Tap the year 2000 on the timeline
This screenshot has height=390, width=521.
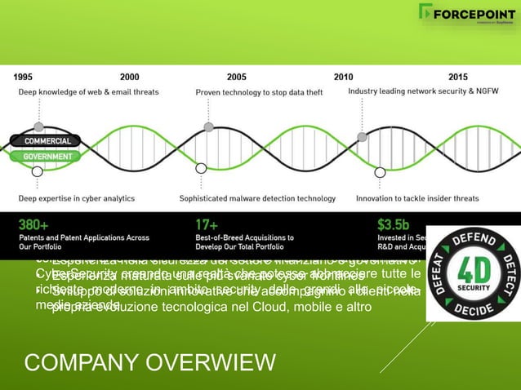129,78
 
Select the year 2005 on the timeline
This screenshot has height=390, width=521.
236,78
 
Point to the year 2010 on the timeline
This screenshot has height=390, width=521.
344,78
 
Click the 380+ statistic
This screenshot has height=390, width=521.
33,223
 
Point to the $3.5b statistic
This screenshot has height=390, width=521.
395,223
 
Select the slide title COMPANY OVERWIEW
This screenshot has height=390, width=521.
150,362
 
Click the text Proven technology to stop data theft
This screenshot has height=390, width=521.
259,92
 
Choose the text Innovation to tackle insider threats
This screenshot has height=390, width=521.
417,197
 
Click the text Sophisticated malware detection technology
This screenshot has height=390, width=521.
257,197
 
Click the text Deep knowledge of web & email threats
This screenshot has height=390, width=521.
81,92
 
